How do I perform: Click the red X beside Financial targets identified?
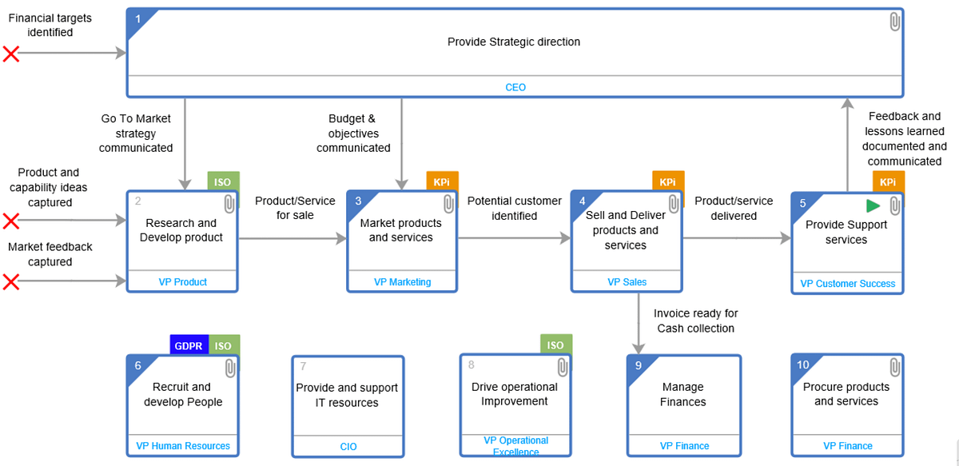click(x=11, y=54)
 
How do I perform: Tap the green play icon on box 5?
click(x=873, y=206)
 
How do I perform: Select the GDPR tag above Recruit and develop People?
click(x=189, y=346)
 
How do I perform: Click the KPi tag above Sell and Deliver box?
click(x=667, y=182)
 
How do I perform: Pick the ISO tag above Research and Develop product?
click(x=223, y=182)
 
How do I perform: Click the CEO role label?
click(x=515, y=87)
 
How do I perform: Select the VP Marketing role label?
click(x=402, y=282)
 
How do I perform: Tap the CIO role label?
click(x=348, y=447)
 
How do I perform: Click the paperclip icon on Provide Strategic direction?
click(x=895, y=22)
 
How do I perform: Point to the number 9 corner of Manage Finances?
click(x=638, y=365)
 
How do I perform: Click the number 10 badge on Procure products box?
click(x=803, y=364)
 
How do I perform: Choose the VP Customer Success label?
click(x=847, y=284)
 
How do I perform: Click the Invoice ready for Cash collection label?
click(x=695, y=321)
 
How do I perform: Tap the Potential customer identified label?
click(x=515, y=209)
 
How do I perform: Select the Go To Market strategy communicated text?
click(x=136, y=133)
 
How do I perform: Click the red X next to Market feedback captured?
click(x=11, y=281)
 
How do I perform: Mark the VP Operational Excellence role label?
click(x=515, y=446)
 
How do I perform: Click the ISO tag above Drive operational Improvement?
click(x=555, y=346)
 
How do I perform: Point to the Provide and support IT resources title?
click(x=347, y=395)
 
